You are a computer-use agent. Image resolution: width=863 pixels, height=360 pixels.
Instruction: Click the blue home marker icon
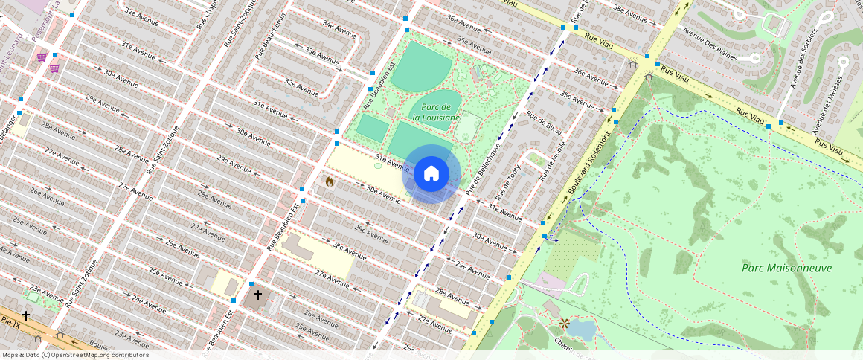[x=431, y=174]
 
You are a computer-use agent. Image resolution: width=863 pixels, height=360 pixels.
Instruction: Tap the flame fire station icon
[x=330, y=181]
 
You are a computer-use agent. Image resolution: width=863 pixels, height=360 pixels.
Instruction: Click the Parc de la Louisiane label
[x=436, y=112]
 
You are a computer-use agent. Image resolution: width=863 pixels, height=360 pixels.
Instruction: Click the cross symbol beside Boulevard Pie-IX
[x=26, y=316]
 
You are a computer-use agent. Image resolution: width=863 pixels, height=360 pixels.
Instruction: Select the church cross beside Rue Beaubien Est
[x=258, y=296]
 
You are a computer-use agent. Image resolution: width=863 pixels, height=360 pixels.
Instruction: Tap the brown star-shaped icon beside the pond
[x=564, y=324]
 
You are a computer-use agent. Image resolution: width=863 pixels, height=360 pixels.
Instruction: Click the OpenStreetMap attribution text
[x=75, y=355]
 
